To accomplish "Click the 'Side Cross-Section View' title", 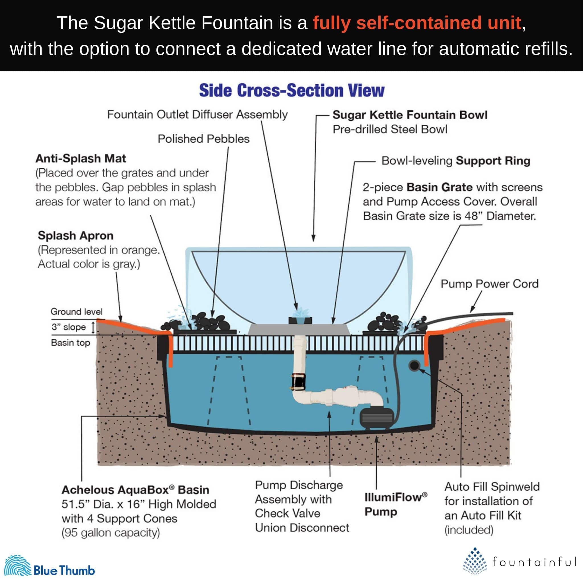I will (291, 90).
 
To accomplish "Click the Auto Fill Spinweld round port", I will (414, 366).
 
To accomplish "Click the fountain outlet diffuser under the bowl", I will (300, 320).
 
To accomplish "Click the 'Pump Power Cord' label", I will (489, 284).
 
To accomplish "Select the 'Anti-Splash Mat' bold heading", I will (81, 159).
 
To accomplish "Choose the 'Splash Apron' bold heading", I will (75, 235).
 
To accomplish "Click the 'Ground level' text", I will (76, 311).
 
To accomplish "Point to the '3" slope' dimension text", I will (69, 327).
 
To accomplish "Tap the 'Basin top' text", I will (70, 342).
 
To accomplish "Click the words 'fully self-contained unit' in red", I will (417, 23).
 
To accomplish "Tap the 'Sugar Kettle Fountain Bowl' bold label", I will (410, 115).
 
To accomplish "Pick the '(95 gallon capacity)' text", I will (111, 533).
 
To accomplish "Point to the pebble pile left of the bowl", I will (205, 323).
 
